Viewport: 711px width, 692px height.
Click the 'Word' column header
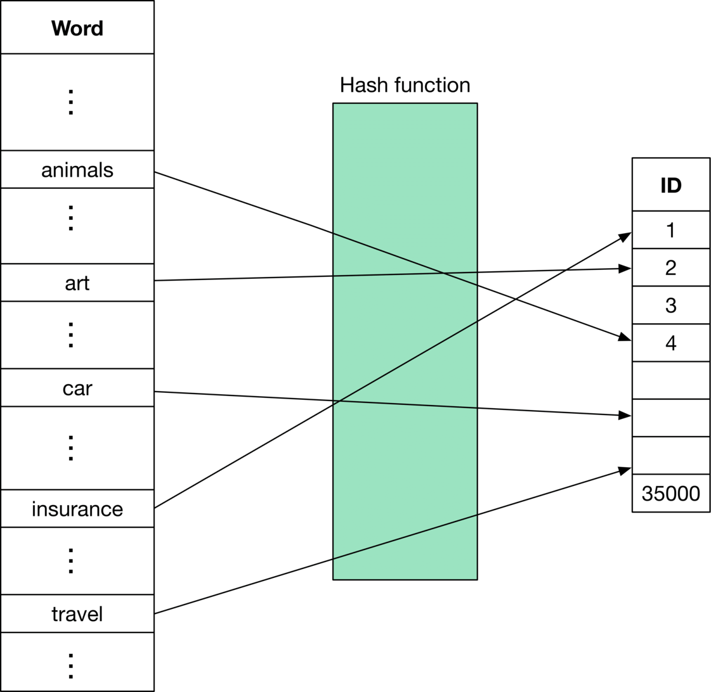pyautogui.click(x=77, y=27)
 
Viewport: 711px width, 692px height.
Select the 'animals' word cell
pyautogui.click(x=77, y=169)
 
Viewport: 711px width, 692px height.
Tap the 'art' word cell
pyautogui.click(x=77, y=282)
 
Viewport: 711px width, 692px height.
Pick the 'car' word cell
pyautogui.click(x=77, y=387)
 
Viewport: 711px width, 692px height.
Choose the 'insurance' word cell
pyautogui.click(x=77, y=508)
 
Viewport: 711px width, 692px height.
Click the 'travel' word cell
pyautogui.click(x=77, y=613)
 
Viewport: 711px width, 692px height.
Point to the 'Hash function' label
pyautogui.click(x=405, y=86)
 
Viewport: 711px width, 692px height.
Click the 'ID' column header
pyautogui.click(x=670, y=184)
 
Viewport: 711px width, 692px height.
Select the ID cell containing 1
pyautogui.click(x=670, y=229)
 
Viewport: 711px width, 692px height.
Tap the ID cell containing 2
pyautogui.click(x=670, y=267)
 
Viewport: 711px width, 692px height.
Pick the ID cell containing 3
pyautogui.click(x=670, y=305)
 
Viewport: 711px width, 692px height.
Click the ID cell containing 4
pyautogui.click(x=670, y=342)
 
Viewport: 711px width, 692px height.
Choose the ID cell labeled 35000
pyautogui.click(x=670, y=493)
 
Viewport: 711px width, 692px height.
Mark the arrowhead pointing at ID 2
pyautogui.click(x=624, y=269)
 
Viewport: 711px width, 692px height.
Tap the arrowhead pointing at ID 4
pyautogui.click(x=624, y=337)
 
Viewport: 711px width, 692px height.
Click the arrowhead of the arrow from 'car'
pyautogui.click(x=624, y=416)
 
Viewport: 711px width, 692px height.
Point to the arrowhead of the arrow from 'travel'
pyautogui.click(x=625, y=470)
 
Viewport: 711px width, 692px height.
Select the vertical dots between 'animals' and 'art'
pyautogui.click(x=70, y=217)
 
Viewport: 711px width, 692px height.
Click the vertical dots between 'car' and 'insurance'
pyautogui.click(x=70, y=447)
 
